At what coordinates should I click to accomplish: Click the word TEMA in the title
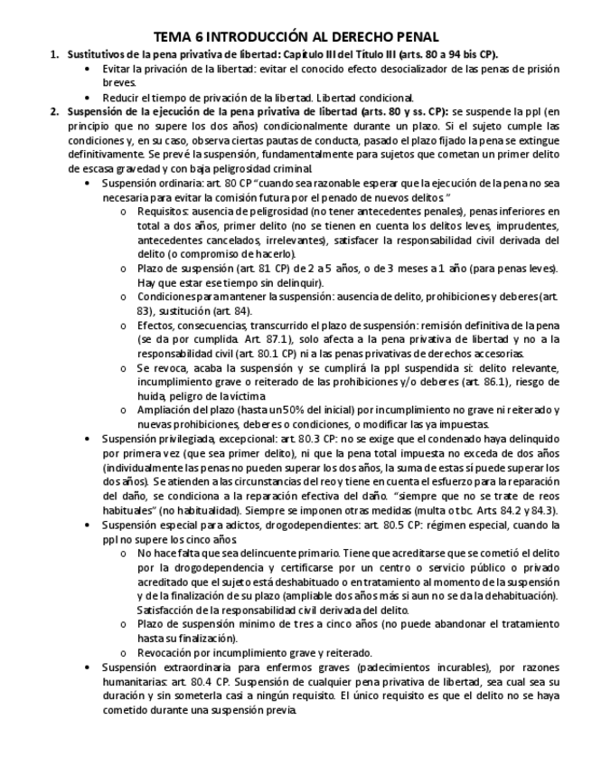(x=173, y=37)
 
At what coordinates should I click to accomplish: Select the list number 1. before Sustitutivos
(x=54, y=54)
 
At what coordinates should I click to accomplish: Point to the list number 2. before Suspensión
(x=54, y=111)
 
